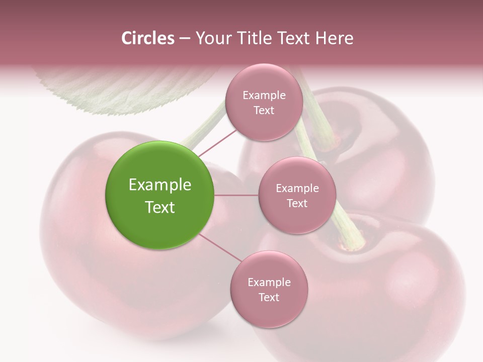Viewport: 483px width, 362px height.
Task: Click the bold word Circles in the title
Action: pos(148,38)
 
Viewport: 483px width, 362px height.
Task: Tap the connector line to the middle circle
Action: pos(236,195)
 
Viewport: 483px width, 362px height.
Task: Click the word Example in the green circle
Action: pos(160,185)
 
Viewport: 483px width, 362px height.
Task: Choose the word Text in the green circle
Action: pos(160,207)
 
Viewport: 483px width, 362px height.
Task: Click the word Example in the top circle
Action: pos(264,95)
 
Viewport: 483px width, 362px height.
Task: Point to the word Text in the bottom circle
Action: pos(269,297)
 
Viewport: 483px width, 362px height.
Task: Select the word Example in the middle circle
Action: pos(297,188)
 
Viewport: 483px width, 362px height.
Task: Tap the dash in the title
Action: pos(184,38)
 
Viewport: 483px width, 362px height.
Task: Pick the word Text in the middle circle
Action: pos(297,203)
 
